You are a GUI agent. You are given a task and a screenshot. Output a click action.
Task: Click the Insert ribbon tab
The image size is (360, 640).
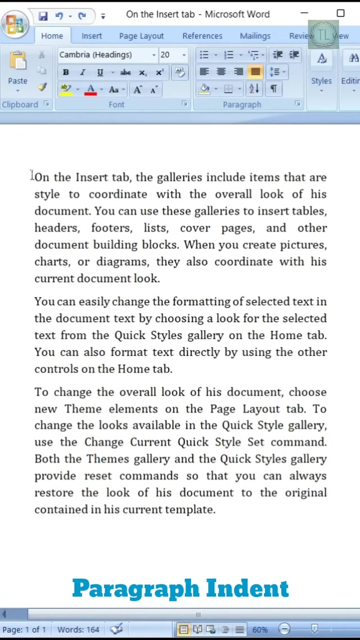pyautogui.click(x=92, y=36)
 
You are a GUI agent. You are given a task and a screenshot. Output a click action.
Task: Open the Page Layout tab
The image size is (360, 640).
pyautogui.click(x=141, y=36)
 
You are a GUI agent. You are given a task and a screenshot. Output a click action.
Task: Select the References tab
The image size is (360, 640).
pyautogui.click(x=202, y=36)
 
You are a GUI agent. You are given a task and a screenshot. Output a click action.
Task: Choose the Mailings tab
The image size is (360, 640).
pyautogui.click(x=255, y=36)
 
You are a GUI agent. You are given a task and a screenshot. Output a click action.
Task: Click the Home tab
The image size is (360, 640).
pyautogui.click(x=52, y=36)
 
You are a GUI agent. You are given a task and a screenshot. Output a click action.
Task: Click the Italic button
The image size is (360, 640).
pyautogui.click(x=83, y=72)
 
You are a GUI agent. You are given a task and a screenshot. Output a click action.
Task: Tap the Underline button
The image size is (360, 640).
pyautogui.click(x=100, y=72)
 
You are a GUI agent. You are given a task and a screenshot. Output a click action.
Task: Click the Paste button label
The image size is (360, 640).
pyautogui.click(x=17, y=81)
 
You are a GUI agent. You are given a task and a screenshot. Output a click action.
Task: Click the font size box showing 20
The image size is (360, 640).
pyautogui.click(x=168, y=55)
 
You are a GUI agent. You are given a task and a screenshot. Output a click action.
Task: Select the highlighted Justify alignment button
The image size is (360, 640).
pyautogui.click(x=255, y=72)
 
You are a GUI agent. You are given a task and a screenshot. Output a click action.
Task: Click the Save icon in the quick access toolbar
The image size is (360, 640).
pyautogui.click(x=43, y=15)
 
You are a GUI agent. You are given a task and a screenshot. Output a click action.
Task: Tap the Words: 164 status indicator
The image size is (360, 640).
pyautogui.click(x=78, y=629)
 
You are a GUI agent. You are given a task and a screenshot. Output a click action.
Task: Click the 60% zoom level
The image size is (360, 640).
pyautogui.click(x=259, y=629)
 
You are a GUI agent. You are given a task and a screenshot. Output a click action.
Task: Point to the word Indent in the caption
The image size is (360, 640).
pyautogui.click(x=247, y=588)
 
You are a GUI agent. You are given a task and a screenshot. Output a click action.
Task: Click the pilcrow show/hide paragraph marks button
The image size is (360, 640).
pyautogui.click(x=273, y=89)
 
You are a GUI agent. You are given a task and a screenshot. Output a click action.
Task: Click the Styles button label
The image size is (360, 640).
pyautogui.click(x=321, y=81)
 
